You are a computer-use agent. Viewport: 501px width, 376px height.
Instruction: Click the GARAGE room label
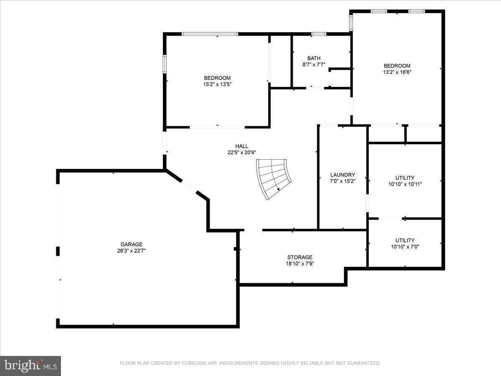(x=132, y=244)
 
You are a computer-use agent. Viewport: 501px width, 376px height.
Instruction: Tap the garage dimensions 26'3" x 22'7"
(x=132, y=251)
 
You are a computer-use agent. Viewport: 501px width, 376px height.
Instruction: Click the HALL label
(x=242, y=146)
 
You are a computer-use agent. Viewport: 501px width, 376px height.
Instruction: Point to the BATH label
(x=314, y=58)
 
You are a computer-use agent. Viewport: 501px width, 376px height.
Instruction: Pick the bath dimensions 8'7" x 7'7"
(x=314, y=65)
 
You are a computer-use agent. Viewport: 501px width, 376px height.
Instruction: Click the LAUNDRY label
(x=343, y=175)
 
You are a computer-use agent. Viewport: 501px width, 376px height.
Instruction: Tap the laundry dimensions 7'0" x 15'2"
(x=343, y=181)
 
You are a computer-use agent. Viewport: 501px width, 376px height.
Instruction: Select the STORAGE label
(x=300, y=257)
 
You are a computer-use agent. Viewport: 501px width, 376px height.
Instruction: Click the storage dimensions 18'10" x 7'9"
(x=300, y=264)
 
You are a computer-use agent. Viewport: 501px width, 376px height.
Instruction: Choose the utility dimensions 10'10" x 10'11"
(x=405, y=184)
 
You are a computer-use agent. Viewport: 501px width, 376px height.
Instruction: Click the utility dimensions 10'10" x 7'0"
(x=405, y=246)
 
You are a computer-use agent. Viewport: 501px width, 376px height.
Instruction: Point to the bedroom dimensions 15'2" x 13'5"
(x=217, y=84)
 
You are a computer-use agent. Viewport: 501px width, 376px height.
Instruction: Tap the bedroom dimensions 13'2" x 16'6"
(x=397, y=72)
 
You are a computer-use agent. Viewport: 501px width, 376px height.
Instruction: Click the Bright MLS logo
(x=30, y=366)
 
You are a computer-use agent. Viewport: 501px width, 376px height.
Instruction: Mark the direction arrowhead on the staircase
(x=278, y=189)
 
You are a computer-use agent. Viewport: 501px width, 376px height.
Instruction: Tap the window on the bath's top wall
(x=319, y=34)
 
